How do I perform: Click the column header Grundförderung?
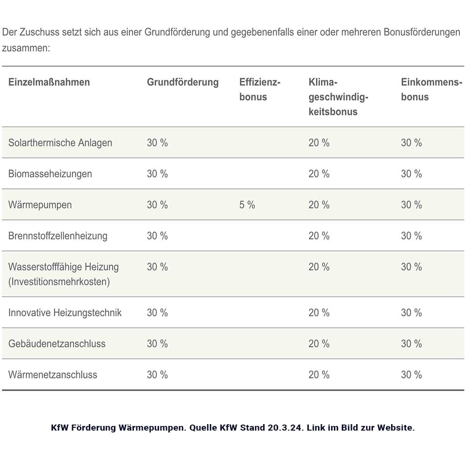click(183, 82)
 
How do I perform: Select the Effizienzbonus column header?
click(259, 90)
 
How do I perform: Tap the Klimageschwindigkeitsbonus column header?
click(338, 97)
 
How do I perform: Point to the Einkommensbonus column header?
click(431, 90)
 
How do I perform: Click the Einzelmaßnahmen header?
click(49, 82)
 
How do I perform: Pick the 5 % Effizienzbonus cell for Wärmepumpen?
click(247, 205)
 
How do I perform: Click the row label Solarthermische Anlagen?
click(60, 143)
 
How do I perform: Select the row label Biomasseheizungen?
click(50, 174)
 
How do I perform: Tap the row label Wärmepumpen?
click(40, 205)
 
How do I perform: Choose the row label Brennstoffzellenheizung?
click(58, 236)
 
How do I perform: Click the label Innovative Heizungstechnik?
click(65, 313)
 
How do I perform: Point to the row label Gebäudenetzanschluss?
click(57, 344)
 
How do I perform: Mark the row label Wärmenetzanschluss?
click(53, 375)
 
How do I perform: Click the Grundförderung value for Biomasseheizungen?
click(157, 174)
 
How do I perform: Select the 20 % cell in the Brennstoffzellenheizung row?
click(319, 236)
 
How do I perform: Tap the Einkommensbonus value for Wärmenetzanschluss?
click(412, 375)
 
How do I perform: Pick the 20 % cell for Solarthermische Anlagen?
click(319, 143)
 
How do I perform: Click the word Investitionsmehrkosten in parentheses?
click(59, 282)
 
